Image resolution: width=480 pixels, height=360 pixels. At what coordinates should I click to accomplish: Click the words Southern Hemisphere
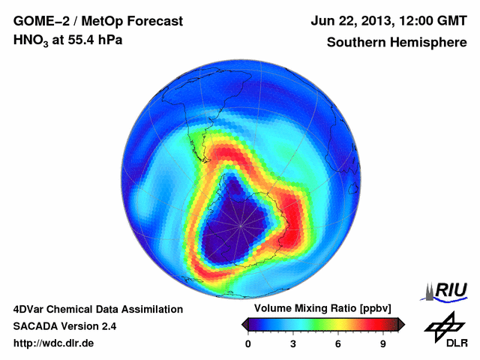(x=397, y=42)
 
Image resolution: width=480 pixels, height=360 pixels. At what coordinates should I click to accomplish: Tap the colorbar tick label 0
(x=248, y=344)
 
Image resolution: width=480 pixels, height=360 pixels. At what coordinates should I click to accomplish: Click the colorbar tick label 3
(x=293, y=344)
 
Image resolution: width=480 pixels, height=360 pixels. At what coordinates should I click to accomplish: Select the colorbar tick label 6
(x=338, y=344)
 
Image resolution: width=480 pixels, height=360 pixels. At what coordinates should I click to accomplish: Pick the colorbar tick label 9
(x=382, y=344)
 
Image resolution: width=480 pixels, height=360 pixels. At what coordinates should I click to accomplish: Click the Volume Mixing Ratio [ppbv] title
(x=319, y=309)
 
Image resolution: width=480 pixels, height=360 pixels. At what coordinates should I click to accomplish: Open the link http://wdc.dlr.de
(x=54, y=344)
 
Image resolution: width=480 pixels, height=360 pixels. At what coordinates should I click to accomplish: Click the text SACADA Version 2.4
(x=64, y=326)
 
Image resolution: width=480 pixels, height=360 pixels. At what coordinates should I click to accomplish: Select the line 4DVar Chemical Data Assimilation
(x=97, y=309)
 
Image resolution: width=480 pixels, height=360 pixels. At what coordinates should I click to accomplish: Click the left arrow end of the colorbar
(x=244, y=324)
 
